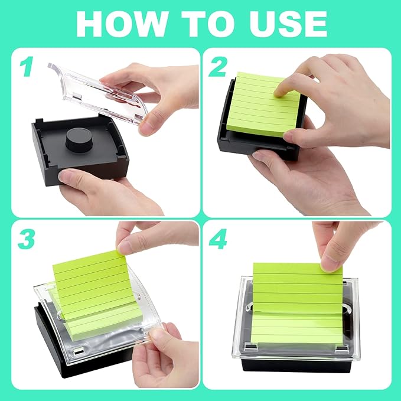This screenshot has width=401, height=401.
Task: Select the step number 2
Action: coord(219,67)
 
